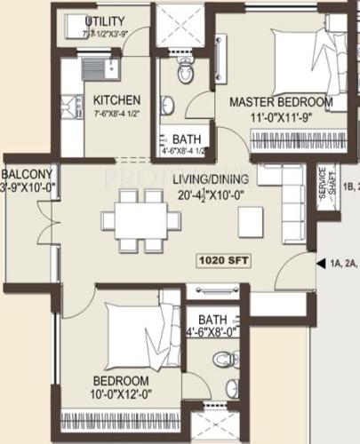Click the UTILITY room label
[x=104, y=21]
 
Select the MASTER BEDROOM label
[x=281, y=102]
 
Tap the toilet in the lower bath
[x=227, y=361]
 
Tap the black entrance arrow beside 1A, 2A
[x=318, y=261]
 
